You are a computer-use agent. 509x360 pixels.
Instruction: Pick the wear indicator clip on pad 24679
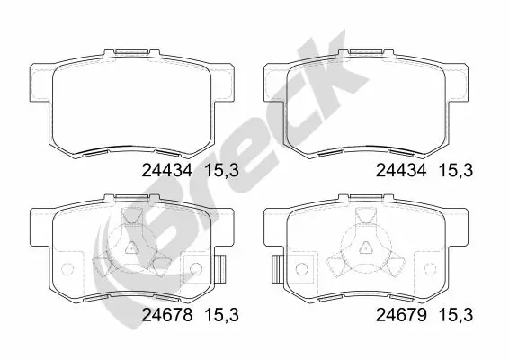[279, 267]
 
